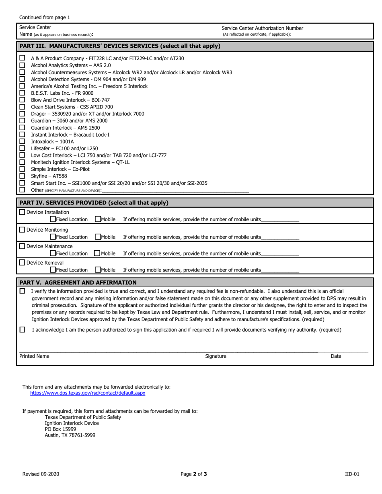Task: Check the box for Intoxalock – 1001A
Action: point(22,141)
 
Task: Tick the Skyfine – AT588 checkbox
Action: point(22,176)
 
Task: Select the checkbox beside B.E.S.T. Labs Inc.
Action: point(22,93)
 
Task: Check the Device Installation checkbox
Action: point(22,212)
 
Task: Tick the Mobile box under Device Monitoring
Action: point(98,237)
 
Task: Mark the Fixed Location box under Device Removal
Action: point(53,269)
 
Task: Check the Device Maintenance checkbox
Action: point(22,246)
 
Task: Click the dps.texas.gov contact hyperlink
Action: point(88,393)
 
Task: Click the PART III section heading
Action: point(120,46)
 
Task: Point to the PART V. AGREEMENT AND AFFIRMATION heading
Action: point(78,283)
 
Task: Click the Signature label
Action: point(216,356)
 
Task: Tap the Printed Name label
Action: point(34,356)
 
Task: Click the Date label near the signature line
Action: point(336,356)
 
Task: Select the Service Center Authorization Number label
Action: point(262,28)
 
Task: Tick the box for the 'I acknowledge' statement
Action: point(22,330)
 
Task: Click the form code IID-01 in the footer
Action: point(352,474)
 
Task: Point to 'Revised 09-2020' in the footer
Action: point(41,474)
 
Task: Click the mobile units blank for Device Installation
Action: point(280,219)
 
